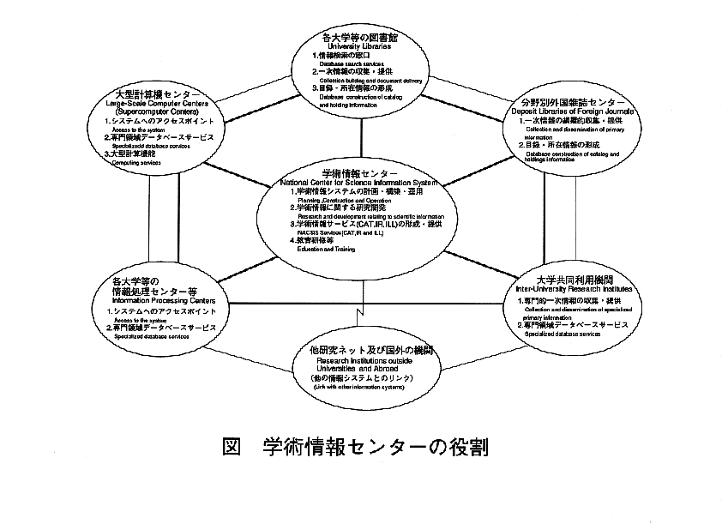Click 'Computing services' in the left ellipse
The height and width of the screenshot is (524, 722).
[x=137, y=162]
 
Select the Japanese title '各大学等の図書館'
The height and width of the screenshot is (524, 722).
[x=360, y=38]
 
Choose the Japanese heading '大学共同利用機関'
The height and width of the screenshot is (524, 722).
[x=574, y=280]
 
